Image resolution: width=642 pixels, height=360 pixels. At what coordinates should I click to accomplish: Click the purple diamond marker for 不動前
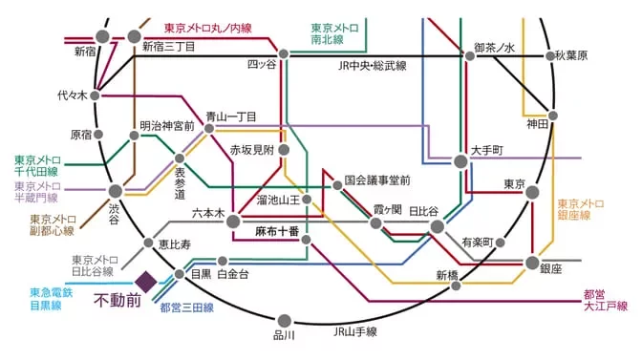tap(145, 282)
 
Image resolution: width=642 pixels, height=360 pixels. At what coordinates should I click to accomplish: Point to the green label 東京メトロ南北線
tap(334, 35)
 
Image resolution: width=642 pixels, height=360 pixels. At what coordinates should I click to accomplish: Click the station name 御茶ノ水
tap(494, 47)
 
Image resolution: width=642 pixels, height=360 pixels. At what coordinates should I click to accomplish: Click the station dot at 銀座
tap(532, 263)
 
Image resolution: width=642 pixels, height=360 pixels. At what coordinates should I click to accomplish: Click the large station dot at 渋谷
tap(115, 192)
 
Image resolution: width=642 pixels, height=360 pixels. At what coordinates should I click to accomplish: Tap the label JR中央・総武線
tap(372, 66)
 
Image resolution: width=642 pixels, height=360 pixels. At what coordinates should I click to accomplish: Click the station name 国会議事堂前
tap(376, 180)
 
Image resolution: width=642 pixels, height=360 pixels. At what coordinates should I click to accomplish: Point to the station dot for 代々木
tap(96, 95)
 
